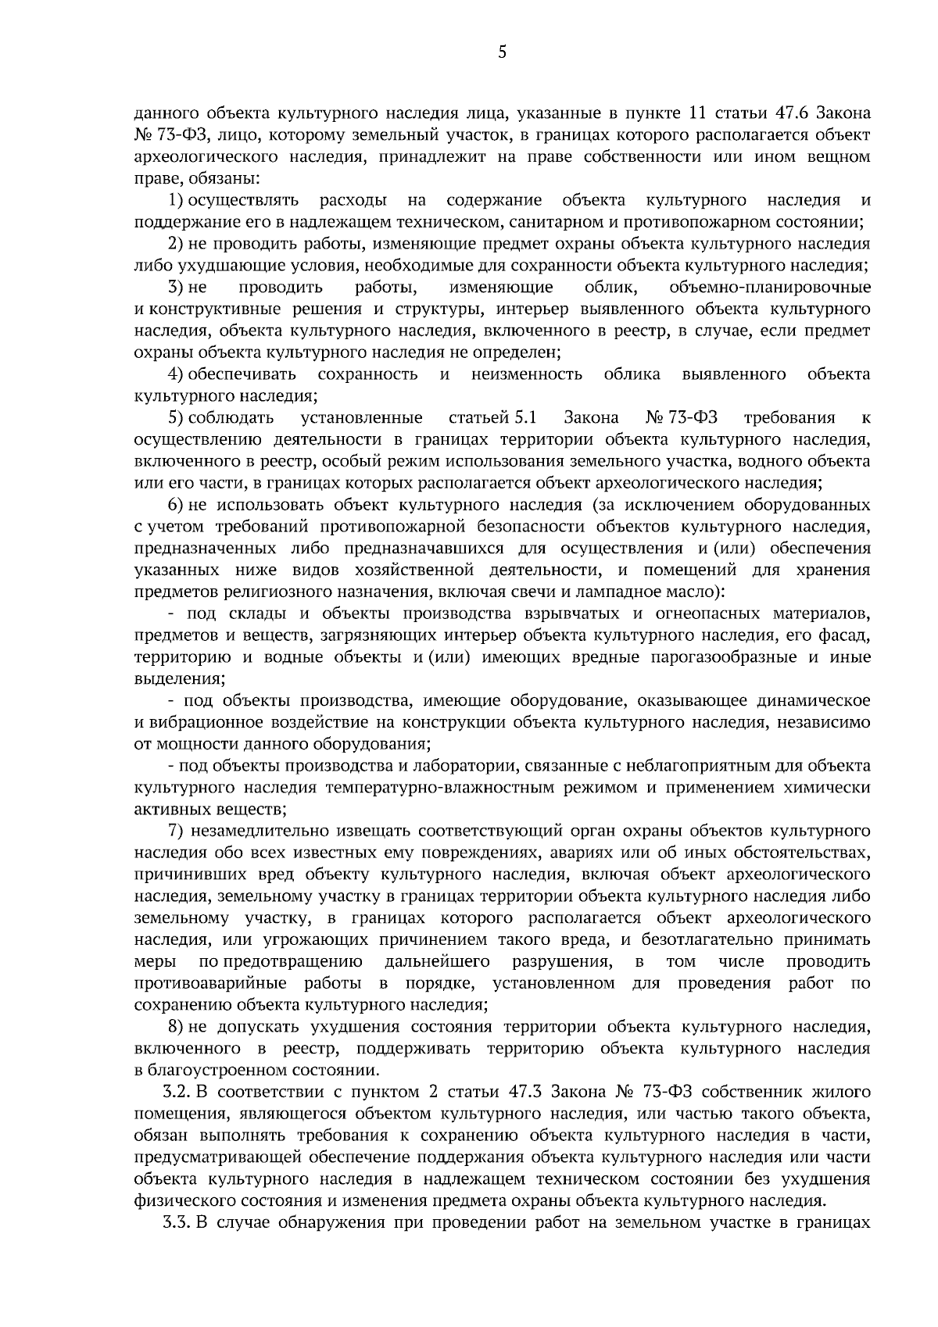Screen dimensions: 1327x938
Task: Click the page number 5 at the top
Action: pos(502,53)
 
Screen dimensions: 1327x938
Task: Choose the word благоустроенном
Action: pos(223,1069)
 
